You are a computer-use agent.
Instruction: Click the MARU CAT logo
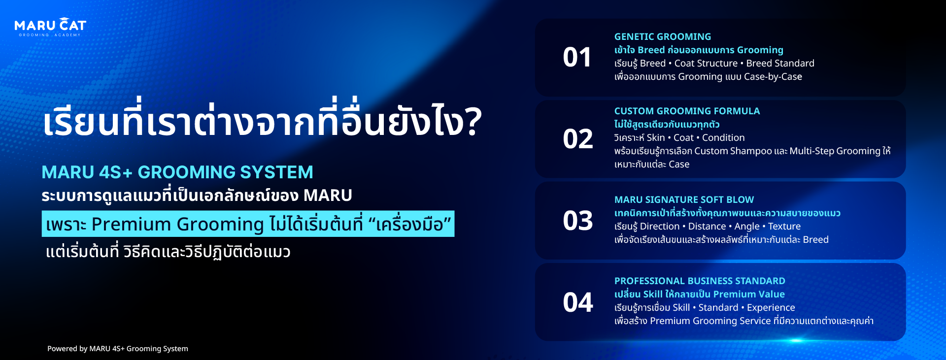coord(50,27)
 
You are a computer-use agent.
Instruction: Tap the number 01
coord(577,58)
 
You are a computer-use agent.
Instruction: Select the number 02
coord(578,139)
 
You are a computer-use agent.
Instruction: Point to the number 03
coord(578,221)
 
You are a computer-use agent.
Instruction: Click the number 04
coord(578,302)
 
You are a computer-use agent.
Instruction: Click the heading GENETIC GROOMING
coord(663,37)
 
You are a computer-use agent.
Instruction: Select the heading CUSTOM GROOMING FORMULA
coord(687,111)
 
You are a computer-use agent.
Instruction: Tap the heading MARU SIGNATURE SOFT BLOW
coord(684,200)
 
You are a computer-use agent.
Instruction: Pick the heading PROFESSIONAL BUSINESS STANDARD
coord(700,281)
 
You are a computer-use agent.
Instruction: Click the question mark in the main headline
coord(472,122)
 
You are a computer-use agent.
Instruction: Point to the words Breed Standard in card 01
coord(780,64)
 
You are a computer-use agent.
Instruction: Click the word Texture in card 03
coord(784,227)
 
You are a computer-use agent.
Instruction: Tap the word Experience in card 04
coord(771,308)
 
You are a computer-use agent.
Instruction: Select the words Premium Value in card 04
coord(749,295)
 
